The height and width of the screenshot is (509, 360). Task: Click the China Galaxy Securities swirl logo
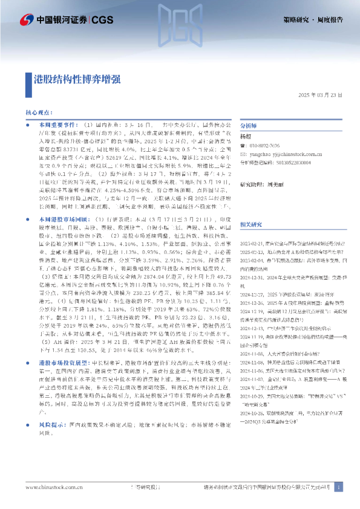pos(24,20)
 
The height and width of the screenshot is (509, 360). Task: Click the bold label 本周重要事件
pos(48,123)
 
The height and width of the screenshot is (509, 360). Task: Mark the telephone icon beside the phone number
pos(243,146)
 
